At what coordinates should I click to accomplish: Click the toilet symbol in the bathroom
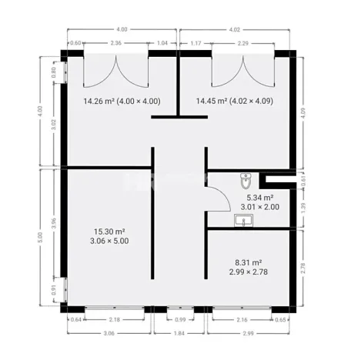click(x=246, y=181)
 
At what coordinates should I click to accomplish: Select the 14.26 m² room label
click(x=122, y=101)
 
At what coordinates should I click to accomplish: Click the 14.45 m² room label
click(x=235, y=101)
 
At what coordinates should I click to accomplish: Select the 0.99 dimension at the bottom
click(x=180, y=318)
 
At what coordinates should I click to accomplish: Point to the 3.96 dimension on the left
click(x=53, y=225)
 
